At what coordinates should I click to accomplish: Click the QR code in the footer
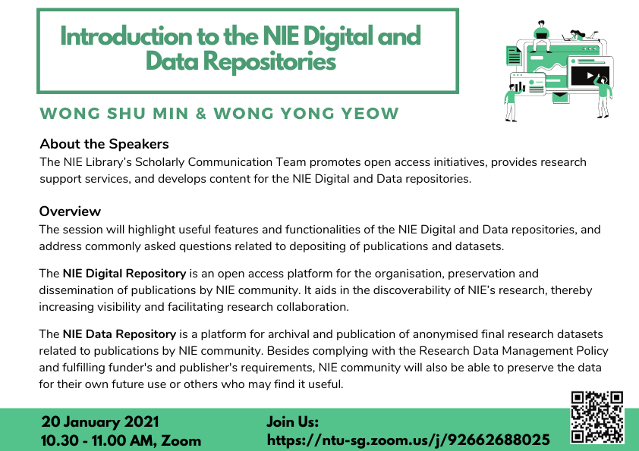(x=597, y=417)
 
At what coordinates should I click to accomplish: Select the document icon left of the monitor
(x=515, y=55)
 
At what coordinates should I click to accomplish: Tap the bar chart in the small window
(x=519, y=86)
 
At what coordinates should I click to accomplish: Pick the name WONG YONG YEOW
(x=307, y=114)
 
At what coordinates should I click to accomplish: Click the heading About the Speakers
(x=104, y=144)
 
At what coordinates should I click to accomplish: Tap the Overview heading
(x=70, y=211)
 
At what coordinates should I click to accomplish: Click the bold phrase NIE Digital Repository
(x=124, y=274)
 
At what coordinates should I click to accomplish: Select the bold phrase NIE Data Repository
(x=119, y=334)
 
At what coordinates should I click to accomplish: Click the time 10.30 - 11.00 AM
(x=98, y=440)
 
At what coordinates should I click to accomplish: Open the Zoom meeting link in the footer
(x=408, y=440)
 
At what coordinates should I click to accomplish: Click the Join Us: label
(x=292, y=421)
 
